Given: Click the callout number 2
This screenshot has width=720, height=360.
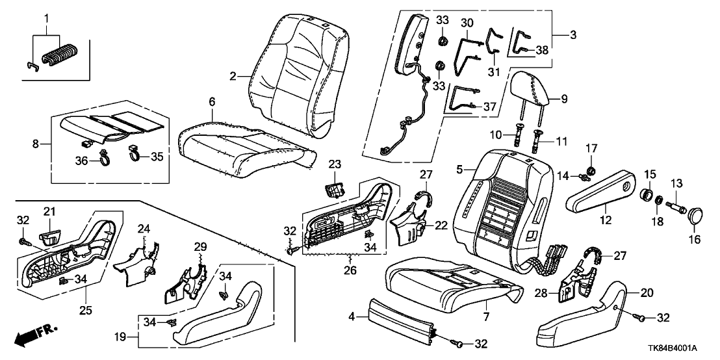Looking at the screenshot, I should click(x=233, y=76).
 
